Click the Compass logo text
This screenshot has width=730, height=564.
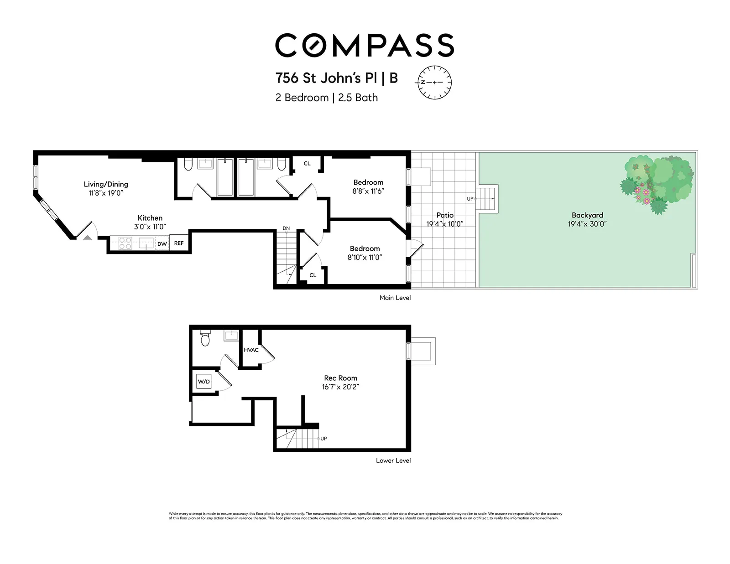(364, 45)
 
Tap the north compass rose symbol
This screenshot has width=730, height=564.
(434, 83)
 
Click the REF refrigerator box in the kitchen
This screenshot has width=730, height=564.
(179, 243)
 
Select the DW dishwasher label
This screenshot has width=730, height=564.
(162, 244)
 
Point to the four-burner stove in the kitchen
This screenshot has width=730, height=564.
(125, 243)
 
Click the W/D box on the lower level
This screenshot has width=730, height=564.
(204, 382)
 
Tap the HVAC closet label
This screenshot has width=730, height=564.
(251, 350)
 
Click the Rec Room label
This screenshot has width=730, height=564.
(340, 378)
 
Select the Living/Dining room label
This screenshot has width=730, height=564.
(106, 184)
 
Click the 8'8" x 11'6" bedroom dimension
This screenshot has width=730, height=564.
(368, 191)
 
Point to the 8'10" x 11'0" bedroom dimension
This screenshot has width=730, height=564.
(365, 257)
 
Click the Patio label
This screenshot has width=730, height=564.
(445, 215)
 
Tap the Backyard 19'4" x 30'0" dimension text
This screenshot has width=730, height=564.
(587, 224)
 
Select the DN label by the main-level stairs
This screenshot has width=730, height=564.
(286, 228)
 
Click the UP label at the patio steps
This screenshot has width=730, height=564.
(470, 199)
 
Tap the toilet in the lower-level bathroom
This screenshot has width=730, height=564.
(205, 339)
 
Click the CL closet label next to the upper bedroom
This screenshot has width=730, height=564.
(307, 163)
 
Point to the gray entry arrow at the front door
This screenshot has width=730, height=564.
(87, 237)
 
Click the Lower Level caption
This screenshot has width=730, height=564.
(393, 461)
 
